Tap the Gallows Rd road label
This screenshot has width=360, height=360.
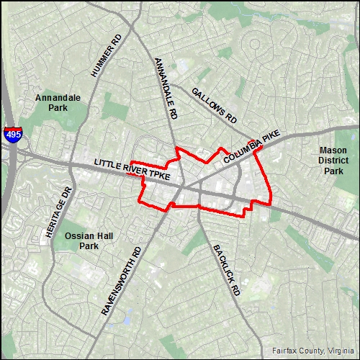(x=214, y=104)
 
